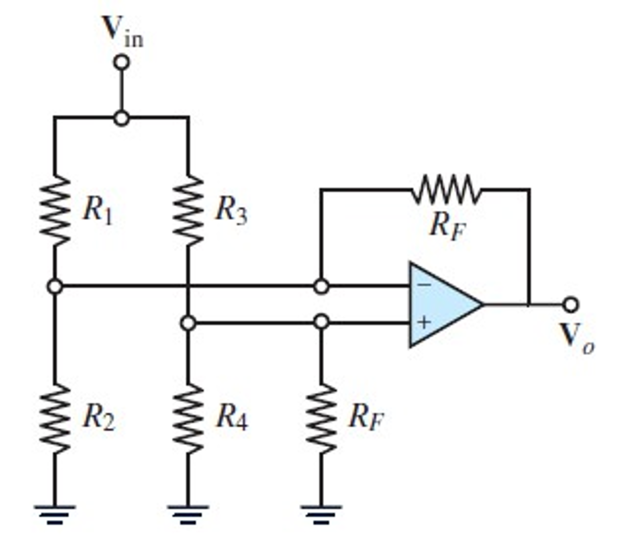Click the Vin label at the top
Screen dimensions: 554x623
[x=122, y=32]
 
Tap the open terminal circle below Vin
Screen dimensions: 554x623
[x=121, y=62]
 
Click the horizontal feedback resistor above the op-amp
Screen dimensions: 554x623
[x=446, y=190]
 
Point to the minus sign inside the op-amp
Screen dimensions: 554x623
[x=424, y=285]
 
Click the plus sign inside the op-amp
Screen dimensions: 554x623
[x=424, y=322]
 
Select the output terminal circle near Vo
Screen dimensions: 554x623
[x=571, y=305]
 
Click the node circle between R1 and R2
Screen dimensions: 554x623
[x=55, y=286]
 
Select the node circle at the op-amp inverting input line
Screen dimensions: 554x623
[x=321, y=286]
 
